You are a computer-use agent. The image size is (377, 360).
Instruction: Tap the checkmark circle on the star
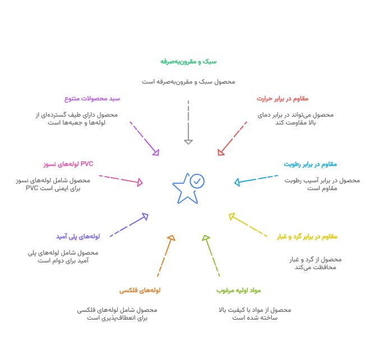pyautogui.click(x=197, y=181)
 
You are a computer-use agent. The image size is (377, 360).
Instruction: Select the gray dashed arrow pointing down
pyautogui.click(x=188, y=122)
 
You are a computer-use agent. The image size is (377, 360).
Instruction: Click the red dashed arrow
pyautogui.click(x=232, y=138)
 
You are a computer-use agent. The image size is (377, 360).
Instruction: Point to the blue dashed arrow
pyautogui.click(x=256, y=179)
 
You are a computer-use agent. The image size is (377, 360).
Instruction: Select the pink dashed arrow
pyautogui.click(x=121, y=179)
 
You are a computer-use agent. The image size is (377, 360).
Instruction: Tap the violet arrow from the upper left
pyautogui.click(x=144, y=138)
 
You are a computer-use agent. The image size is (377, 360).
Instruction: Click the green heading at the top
pyautogui.click(x=188, y=62)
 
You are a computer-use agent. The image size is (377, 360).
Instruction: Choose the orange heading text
pyautogui.click(x=140, y=290)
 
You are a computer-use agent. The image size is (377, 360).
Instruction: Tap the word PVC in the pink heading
pyautogui.click(x=87, y=164)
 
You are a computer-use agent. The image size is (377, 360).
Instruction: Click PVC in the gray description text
pyautogui.click(x=33, y=188)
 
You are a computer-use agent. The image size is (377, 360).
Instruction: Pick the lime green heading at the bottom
pyautogui.click(x=238, y=290)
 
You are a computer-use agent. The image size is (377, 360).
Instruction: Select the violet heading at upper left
pyautogui.click(x=93, y=99)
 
